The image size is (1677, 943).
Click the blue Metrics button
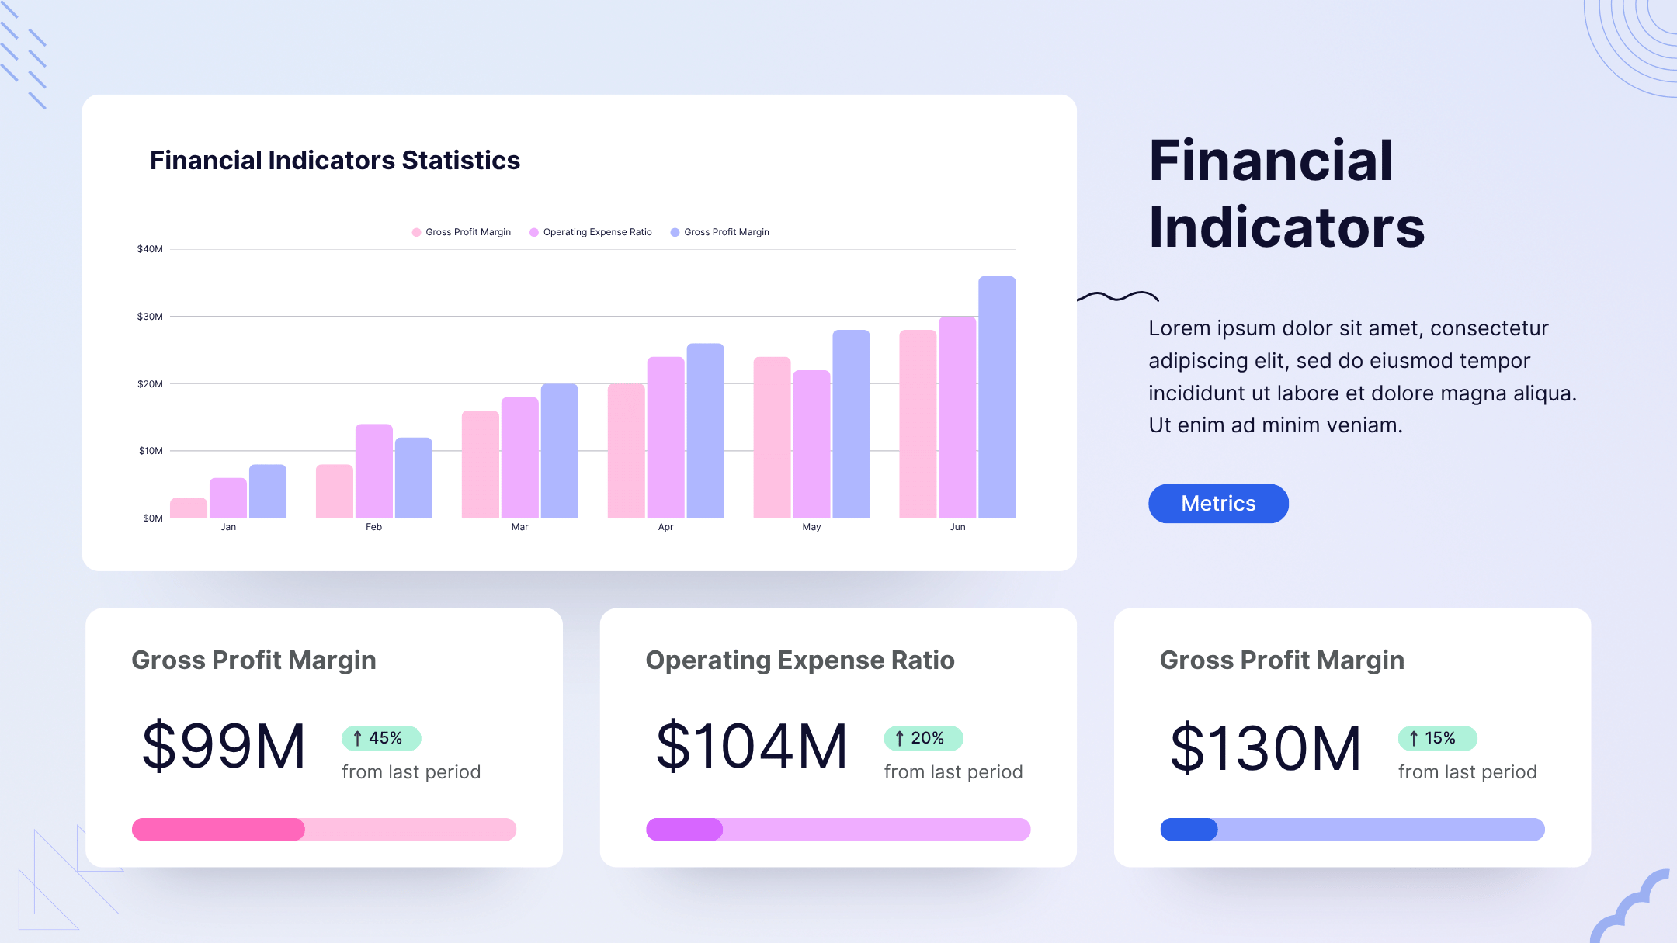1218,504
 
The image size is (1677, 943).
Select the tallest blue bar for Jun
997,397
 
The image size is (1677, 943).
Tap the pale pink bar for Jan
189,508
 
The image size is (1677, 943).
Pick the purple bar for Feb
374,471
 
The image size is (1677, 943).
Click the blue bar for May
851,424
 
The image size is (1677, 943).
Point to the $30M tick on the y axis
150,317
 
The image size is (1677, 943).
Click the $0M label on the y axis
153,518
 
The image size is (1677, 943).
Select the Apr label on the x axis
665,527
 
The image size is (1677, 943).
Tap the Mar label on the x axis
519,527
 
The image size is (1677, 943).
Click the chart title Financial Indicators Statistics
335,160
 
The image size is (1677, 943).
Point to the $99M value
224,747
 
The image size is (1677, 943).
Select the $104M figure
752,747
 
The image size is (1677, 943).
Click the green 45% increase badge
381,738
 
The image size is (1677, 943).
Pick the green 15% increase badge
1437,738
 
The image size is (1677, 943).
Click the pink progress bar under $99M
324,830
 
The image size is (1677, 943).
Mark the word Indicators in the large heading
1286,227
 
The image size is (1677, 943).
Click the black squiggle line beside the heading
1118,296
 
